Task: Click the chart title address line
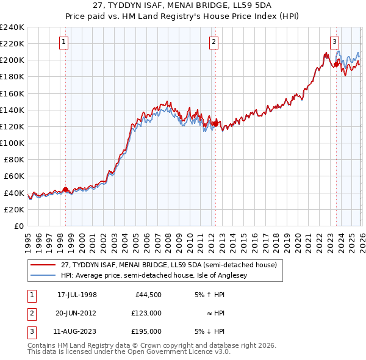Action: (x=182, y=6)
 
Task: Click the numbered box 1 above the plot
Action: (x=65, y=42)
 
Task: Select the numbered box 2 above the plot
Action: (x=214, y=42)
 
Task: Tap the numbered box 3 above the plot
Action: (x=335, y=42)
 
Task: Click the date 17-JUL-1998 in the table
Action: (x=77, y=295)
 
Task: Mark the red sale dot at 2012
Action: (x=215, y=124)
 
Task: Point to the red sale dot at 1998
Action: (x=65, y=189)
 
